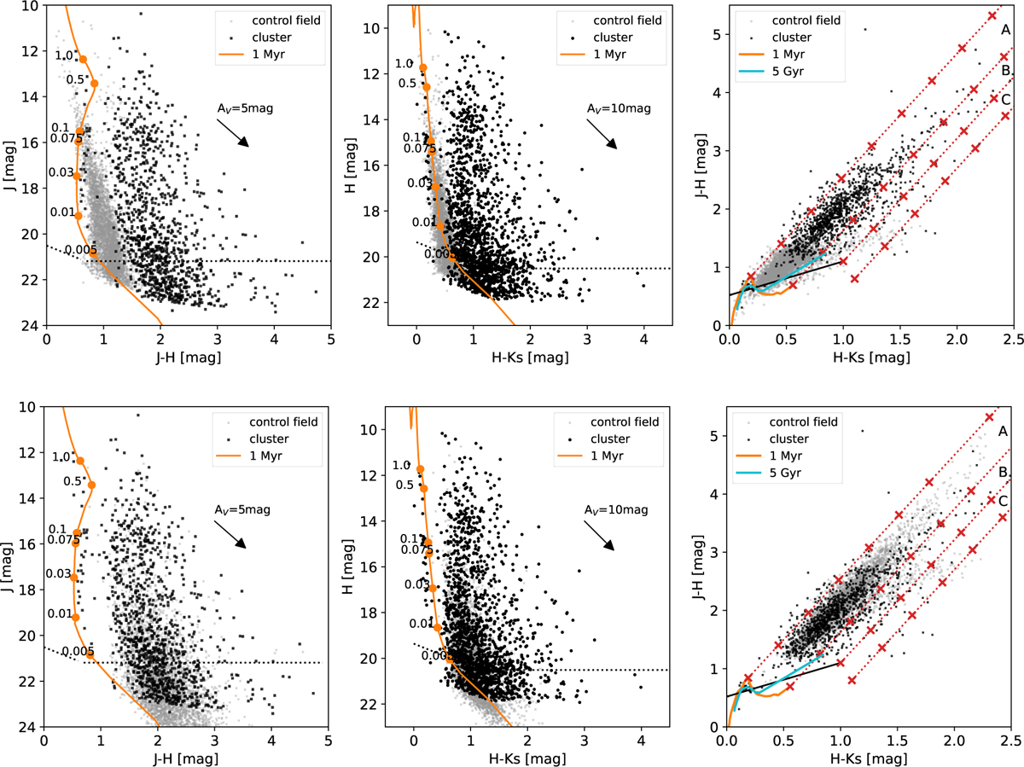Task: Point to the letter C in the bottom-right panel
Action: coord(1004,501)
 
